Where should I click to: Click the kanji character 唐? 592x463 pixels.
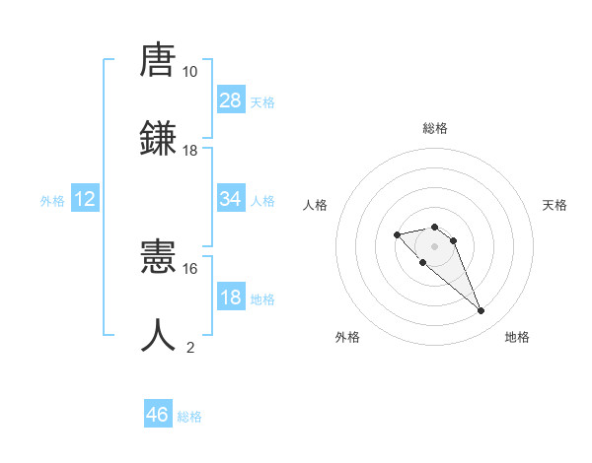(x=159, y=61)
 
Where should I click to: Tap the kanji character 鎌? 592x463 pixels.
(x=159, y=138)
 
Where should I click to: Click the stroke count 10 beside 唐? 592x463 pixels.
(x=189, y=72)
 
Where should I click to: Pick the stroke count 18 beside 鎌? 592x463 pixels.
(x=189, y=150)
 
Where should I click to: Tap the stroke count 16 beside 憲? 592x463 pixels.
(x=189, y=268)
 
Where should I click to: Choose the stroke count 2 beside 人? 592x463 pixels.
(x=190, y=347)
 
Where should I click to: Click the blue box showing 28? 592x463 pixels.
(x=231, y=100)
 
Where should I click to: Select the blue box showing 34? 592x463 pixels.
(x=231, y=199)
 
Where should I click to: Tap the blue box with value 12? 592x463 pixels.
(x=85, y=199)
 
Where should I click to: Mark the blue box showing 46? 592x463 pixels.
(x=158, y=415)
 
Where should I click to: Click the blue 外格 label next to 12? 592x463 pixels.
(x=52, y=201)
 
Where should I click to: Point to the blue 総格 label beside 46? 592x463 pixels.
(x=189, y=417)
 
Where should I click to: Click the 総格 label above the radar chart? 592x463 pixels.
(x=434, y=128)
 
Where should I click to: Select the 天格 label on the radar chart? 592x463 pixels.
(x=555, y=205)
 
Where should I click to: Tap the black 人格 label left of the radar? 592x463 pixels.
(x=315, y=205)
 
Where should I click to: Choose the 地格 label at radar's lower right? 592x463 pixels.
(x=517, y=337)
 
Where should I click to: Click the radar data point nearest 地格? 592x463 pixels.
(x=481, y=311)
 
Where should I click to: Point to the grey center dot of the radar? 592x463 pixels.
(x=434, y=245)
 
